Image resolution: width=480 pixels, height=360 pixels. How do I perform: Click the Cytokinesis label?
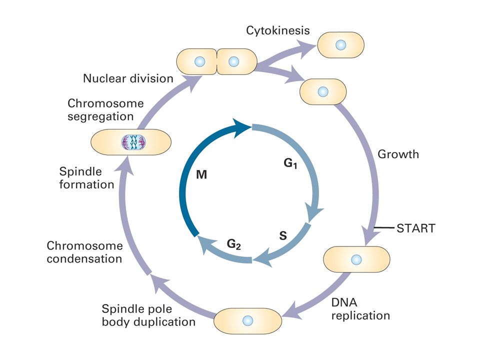(277, 30)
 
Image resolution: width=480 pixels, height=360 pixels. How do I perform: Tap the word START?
(415, 228)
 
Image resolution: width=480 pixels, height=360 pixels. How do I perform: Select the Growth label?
(398, 154)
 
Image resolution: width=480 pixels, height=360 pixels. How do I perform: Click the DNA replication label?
(360, 309)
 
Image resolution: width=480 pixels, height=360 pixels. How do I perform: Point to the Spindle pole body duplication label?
(148, 315)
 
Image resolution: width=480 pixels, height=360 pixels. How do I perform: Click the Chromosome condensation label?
(84, 252)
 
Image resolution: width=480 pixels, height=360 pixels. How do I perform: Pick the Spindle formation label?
(86, 178)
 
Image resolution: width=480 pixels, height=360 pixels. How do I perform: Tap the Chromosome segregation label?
(105, 110)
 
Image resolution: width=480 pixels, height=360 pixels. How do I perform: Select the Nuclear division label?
(128, 78)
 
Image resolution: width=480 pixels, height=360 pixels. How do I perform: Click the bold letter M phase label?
(201, 174)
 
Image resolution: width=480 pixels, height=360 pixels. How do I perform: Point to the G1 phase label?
(290, 163)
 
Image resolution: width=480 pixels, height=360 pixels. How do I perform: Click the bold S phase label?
(283, 235)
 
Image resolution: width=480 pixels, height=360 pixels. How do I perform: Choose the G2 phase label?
(233, 244)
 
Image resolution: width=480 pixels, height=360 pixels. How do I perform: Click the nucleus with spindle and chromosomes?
(133, 142)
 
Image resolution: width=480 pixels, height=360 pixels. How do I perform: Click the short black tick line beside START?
(384, 228)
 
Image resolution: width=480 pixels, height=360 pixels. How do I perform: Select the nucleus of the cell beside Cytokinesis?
(340, 45)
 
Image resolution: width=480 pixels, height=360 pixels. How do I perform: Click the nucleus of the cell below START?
(356, 259)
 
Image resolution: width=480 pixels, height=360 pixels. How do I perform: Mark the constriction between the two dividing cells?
(216, 61)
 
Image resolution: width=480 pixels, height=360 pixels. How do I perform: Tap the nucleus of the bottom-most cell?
(247, 321)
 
